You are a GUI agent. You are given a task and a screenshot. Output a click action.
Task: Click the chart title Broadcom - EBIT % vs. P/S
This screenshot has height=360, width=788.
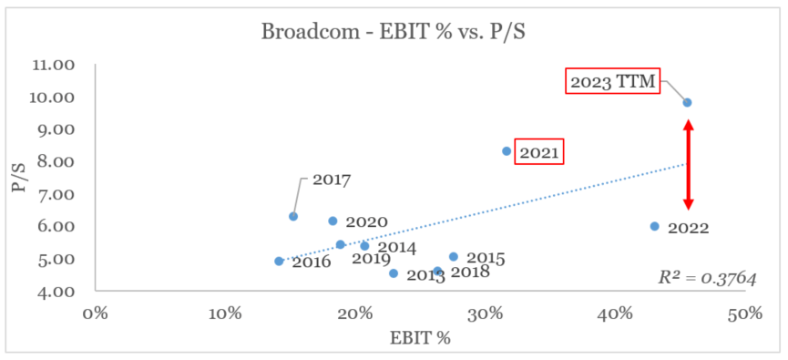(394, 31)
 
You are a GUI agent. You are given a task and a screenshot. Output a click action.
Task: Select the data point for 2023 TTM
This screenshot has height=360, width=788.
(687, 103)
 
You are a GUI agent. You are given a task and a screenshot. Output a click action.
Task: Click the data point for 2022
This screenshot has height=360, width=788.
(654, 226)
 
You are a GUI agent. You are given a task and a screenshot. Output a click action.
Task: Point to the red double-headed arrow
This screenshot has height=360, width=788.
(689, 165)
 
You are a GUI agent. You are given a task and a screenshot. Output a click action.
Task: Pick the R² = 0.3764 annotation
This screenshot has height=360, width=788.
(707, 278)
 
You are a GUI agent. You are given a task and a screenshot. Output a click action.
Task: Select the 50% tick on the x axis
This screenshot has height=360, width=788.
(744, 313)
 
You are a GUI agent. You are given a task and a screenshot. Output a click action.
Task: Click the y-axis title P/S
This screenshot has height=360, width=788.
(17, 178)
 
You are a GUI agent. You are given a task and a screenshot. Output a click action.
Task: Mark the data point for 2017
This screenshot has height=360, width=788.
(293, 216)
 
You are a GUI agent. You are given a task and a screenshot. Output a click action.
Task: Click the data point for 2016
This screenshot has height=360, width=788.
(279, 262)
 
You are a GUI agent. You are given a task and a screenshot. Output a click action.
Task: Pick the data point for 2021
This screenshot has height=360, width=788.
(507, 151)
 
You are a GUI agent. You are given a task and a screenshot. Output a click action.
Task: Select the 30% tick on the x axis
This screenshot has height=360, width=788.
(485, 313)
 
